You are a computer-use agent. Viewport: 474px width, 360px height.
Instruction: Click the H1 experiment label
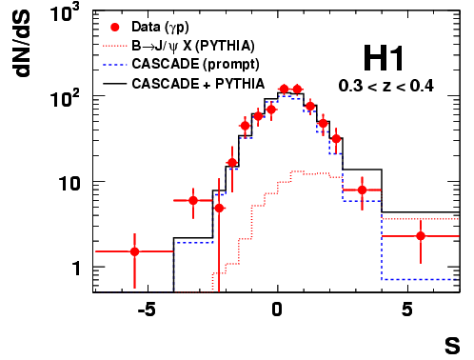point(384,58)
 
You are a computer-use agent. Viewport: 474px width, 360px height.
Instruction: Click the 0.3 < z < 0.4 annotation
point(385,86)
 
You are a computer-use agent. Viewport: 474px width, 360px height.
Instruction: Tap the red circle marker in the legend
point(115,28)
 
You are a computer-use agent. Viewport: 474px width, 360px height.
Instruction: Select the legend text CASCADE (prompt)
point(195,65)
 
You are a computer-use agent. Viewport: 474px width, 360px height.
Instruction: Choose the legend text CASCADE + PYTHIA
point(198,84)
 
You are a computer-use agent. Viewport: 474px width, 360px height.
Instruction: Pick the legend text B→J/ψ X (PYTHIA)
point(193,47)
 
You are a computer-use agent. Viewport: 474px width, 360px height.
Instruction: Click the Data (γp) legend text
point(160,28)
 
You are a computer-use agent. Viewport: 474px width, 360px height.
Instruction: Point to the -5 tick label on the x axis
point(147,310)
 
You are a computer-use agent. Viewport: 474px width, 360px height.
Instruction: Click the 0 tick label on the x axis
point(277,310)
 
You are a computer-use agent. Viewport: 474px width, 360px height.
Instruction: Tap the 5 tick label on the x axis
point(407,310)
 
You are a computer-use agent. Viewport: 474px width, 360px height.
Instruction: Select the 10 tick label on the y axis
point(69,184)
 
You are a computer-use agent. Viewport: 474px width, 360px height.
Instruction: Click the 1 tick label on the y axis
point(76,269)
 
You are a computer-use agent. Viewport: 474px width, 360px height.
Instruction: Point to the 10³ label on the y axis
point(66,14)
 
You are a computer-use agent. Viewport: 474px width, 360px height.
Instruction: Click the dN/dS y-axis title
point(22,44)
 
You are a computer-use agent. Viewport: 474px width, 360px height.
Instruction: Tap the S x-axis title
point(452,346)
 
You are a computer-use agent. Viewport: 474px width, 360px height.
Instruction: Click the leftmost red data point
point(135,251)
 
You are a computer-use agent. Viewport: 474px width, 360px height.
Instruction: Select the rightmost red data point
point(421,236)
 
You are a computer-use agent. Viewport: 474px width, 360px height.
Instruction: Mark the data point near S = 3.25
point(363,190)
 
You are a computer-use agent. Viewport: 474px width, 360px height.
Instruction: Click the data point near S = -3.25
point(193,201)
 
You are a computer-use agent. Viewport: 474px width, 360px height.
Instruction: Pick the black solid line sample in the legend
point(115,84)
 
